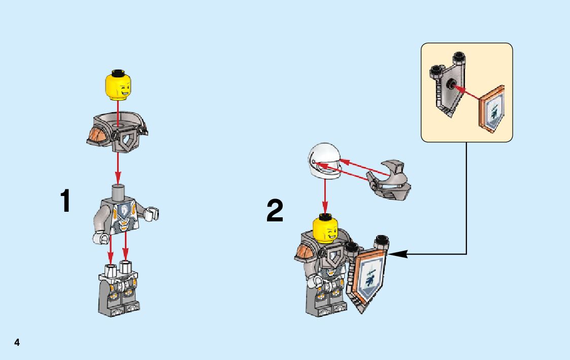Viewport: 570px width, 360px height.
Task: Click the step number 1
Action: point(65,201)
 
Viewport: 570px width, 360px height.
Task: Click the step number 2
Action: point(275,211)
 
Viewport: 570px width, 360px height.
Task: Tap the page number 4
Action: point(17,343)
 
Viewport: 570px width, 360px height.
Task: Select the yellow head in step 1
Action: point(118,86)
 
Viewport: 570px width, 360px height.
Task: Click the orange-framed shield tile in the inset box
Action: point(492,111)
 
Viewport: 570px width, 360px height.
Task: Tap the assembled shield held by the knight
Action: point(370,277)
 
